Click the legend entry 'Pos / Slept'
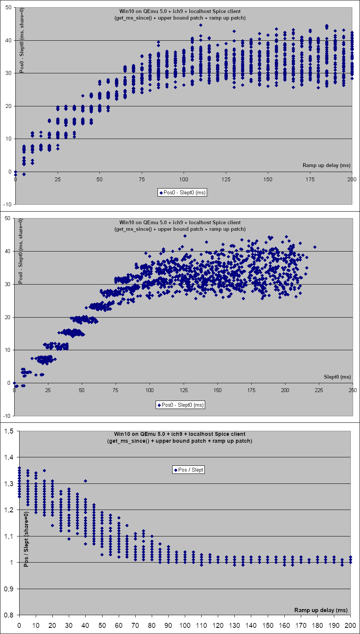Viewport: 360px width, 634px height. (x=189, y=470)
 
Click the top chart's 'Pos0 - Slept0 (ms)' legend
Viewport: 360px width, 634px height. (x=182, y=192)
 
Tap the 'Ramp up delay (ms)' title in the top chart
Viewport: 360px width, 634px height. (x=327, y=165)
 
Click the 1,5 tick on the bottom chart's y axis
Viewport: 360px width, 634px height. (x=8, y=431)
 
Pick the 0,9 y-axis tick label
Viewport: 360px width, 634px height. (x=8, y=589)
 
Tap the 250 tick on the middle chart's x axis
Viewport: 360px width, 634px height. (x=353, y=390)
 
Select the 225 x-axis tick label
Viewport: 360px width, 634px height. (x=319, y=390)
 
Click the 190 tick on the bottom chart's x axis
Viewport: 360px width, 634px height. (x=334, y=626)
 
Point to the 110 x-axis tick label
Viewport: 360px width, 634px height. (x=201, y=626)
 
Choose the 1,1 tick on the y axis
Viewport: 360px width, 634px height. (x=8, y=536)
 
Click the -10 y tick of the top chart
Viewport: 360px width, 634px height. (x=8, y=204)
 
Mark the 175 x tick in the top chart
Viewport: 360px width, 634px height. (x=310, y=179)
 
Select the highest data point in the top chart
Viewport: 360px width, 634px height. (x=201, y=25)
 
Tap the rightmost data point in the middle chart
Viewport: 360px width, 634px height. (x=315, y=247)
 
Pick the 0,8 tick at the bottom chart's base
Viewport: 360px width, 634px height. (x=8, y=615)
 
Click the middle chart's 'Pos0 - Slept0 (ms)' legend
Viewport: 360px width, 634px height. (x=180, y=405)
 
